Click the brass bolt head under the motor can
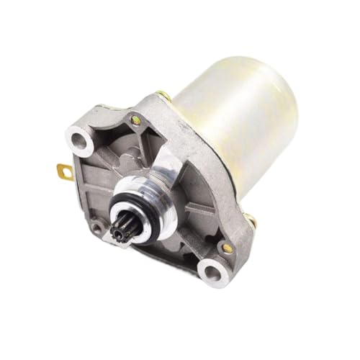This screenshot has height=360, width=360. click(248, 218)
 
